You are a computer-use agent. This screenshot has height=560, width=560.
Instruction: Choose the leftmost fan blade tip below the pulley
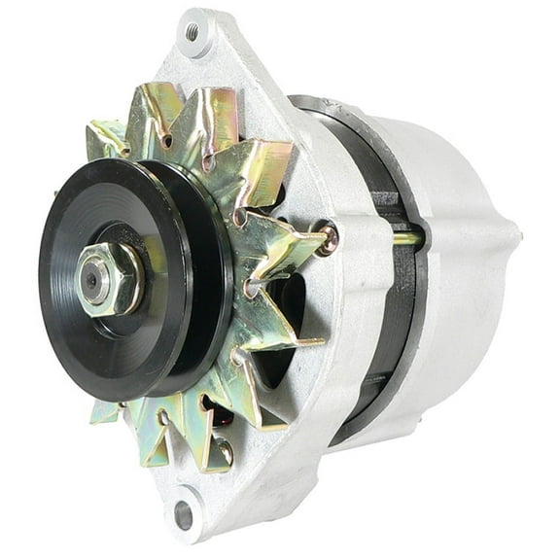click(104, 412)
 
